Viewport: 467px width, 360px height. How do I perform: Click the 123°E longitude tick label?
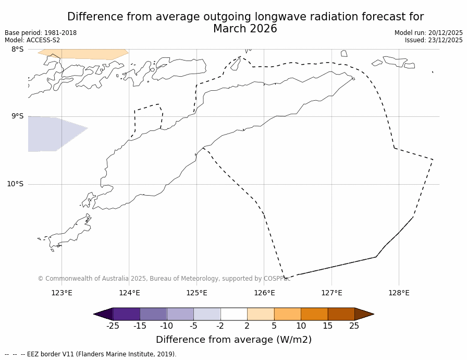62,293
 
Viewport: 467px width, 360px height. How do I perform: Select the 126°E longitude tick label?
264,293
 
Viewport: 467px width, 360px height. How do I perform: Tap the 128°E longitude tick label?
399,293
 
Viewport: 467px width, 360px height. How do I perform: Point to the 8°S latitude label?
17,49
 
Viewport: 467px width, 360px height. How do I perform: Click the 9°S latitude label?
17,116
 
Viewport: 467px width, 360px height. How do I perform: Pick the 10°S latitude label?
15,184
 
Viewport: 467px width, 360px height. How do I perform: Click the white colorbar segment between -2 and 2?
234,314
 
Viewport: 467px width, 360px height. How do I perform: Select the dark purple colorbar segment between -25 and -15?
126,314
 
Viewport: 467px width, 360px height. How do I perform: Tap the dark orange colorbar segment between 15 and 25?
341,314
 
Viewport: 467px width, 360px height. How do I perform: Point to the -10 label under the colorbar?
166,326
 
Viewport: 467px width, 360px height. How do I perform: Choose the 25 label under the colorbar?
354,326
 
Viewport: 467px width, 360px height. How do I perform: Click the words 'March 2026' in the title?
245,29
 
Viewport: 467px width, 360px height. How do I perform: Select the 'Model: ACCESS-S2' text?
32,40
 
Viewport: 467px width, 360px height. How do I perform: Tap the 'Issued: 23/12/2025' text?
434,40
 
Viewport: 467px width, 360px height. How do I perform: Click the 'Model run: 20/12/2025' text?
428,33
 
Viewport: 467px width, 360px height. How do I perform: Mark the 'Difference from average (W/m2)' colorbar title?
233,340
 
